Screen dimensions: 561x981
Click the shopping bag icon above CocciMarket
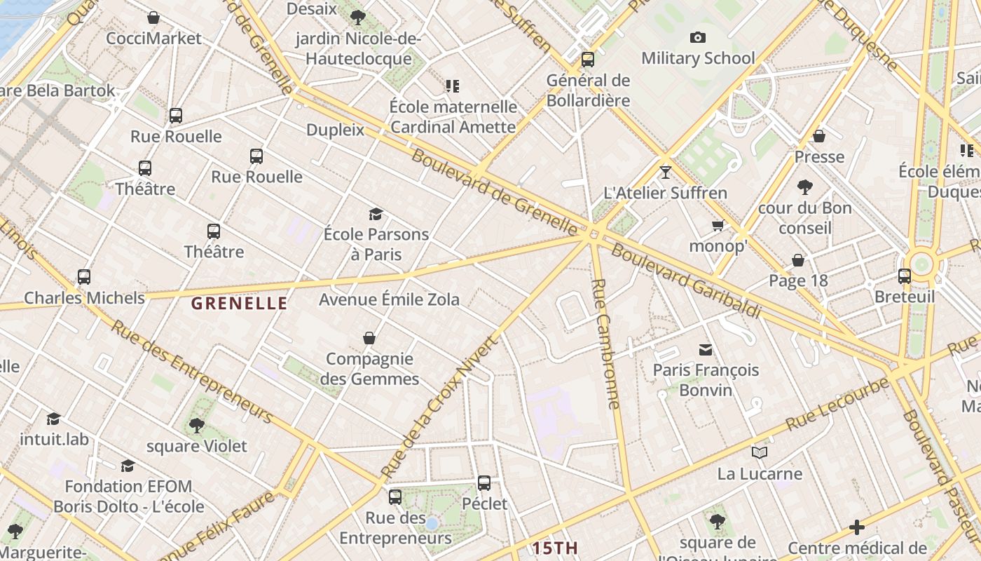[153, 18]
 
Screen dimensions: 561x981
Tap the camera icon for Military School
[698, 37]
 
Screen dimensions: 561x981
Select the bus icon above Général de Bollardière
[588, 60]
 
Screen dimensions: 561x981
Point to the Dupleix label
[336, 130]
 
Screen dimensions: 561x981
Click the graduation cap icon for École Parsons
[376, 214]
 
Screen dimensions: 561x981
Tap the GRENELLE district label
[240, 304]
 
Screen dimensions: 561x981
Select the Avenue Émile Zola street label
[390, 299]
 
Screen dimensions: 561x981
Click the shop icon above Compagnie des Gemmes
[369, 339]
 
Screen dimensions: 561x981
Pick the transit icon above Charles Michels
[84, 277]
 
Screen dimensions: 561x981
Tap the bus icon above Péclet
[484, 483]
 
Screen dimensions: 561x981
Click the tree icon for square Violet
[197, 425]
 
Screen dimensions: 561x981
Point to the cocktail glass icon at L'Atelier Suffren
[666, 172]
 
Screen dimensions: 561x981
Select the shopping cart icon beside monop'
[718, 225]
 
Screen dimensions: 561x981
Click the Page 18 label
[798, 281]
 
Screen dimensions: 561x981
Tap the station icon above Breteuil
[905, 276]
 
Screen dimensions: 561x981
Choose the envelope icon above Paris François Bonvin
[705, 349]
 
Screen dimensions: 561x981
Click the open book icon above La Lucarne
[760, 452]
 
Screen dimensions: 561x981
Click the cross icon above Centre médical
[856, 527]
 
